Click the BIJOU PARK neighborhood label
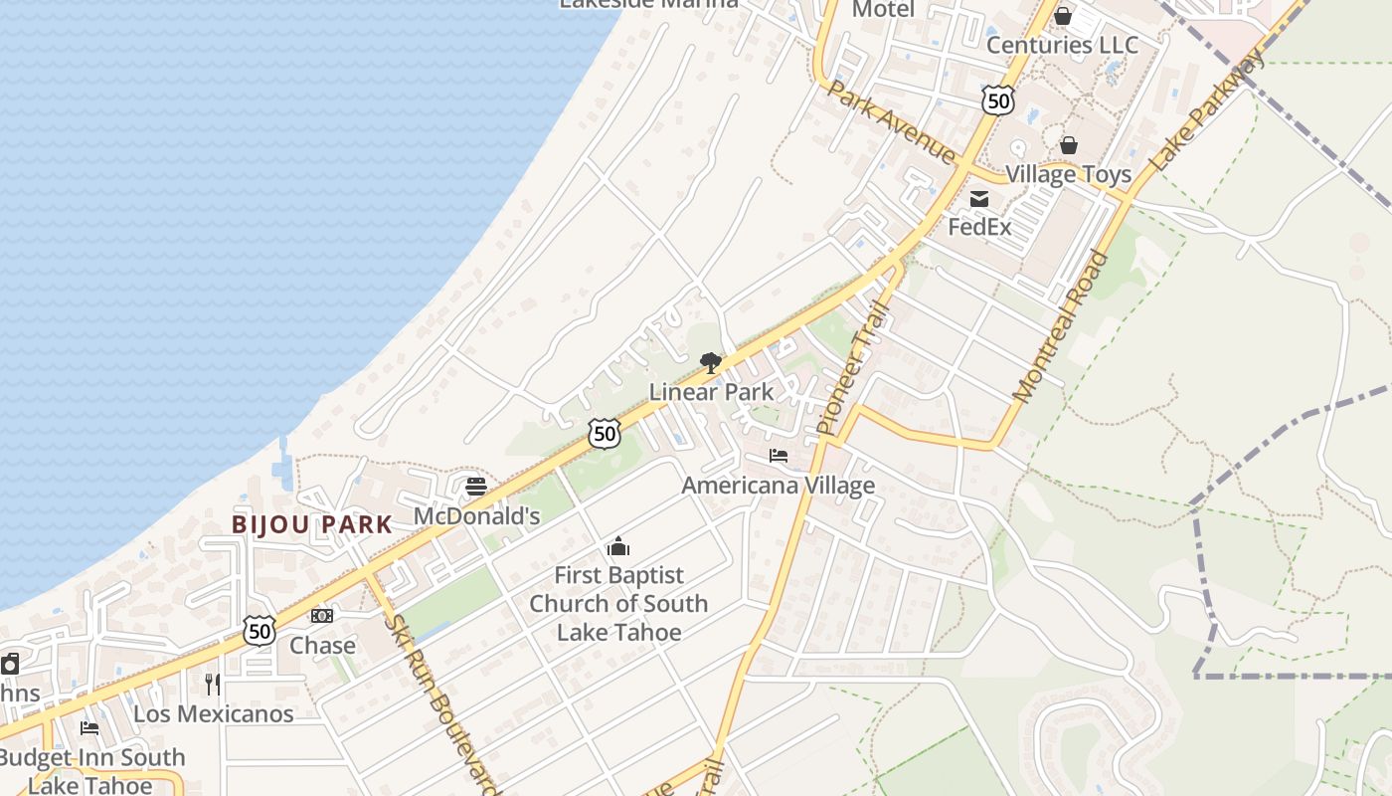(312, 524)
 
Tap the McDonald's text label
(476, 515)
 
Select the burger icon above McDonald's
(476, 487)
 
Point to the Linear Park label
(711, 392)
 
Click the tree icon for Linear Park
(710, 363)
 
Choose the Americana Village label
(779, 486)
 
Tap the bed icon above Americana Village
(779, 456)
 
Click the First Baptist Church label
(618, 603)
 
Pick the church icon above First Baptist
(618, 546)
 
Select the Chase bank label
(322, 646)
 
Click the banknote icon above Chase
(322, 616)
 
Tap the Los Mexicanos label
(214, 713)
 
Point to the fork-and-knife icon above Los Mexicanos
(213, 685)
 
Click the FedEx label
(979, 227)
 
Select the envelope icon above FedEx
(979, 199)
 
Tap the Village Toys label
(1068, 174)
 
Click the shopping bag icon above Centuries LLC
(1063, 16)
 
